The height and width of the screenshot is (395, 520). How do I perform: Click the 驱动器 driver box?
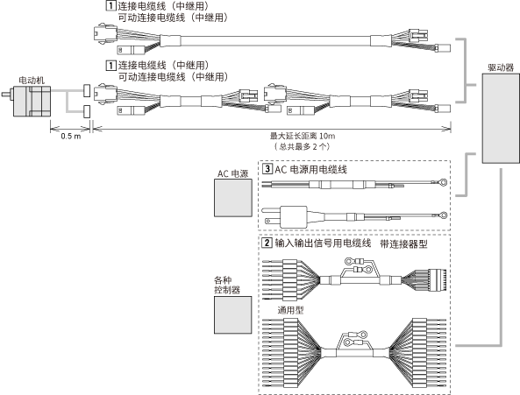pos(501,118)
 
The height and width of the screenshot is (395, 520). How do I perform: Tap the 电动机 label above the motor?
pos(32,80)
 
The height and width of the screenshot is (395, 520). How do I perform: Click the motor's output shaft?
pos(7,94)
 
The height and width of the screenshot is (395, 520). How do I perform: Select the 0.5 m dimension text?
pos(71,136)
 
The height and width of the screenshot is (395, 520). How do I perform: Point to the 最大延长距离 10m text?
pos(303,136)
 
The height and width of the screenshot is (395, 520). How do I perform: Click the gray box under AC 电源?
pos(232,198)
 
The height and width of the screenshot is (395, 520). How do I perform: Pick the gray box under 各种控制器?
pos(232,315)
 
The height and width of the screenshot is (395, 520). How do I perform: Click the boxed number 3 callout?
pos(267,169)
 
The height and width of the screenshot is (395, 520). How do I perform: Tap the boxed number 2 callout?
pos(267,243)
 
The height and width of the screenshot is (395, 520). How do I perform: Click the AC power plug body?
pos(294,217)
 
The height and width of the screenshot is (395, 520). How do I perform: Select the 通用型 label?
pos(290,310)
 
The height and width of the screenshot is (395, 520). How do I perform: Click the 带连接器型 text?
pos(403,244)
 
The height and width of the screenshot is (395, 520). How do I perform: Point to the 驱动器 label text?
pos(501,67)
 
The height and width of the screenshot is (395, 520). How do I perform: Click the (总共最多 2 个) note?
pos(303,146)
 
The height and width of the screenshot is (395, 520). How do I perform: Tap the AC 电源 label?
pos(232,173)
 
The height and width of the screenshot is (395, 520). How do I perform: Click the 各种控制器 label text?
pos(227,285)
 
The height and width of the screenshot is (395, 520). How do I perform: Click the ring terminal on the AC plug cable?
pos(444,215)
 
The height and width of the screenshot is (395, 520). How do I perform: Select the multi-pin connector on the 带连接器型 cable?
pos(437,280)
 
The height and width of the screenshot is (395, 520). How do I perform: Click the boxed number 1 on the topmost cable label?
pos(110,5)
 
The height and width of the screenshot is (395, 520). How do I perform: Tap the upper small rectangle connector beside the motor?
pos(87,91)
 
